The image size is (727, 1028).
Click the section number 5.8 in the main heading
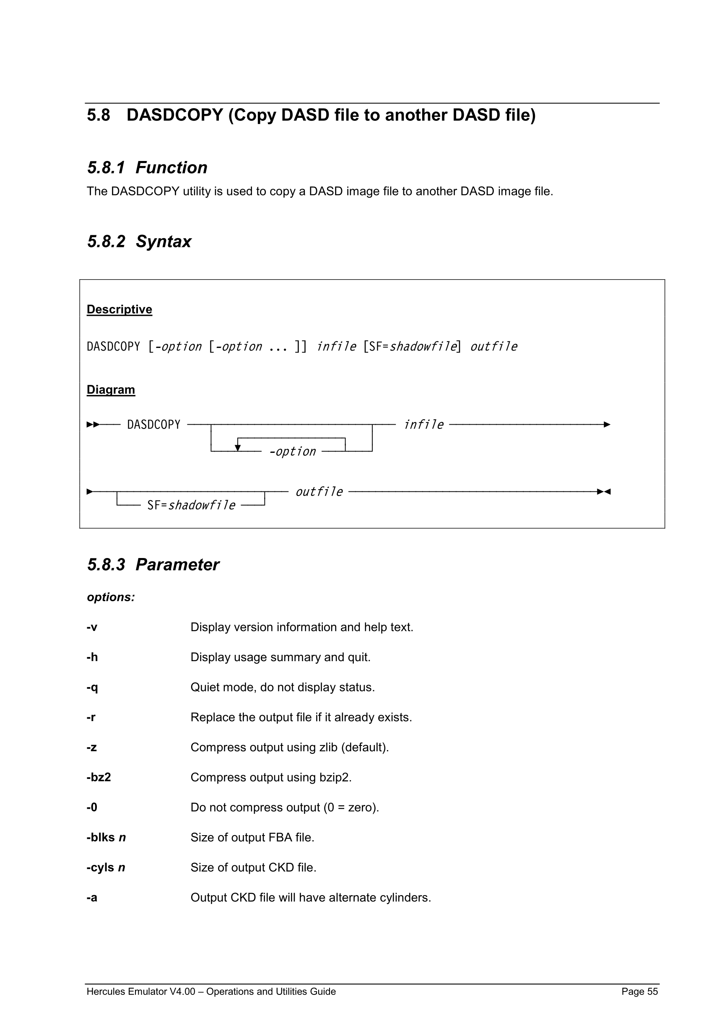(99, 115)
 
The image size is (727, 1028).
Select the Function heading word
(171, 167)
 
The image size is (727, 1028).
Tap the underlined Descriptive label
(119, 309)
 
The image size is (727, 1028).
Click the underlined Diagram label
(111, 389)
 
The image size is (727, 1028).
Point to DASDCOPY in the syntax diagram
(153, 424)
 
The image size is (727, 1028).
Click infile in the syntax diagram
(423, 424)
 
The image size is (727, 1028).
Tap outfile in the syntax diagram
(319, 492)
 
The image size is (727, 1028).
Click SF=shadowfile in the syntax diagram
(191, 506)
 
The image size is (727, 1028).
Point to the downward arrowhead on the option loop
(238, 447)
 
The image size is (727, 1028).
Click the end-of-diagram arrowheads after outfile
(604, 492)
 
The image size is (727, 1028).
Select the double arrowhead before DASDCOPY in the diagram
(93, 424)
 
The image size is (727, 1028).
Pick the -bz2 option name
(99, 777)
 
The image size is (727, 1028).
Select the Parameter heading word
(177, 565)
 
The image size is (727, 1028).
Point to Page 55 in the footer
(639, 991)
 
